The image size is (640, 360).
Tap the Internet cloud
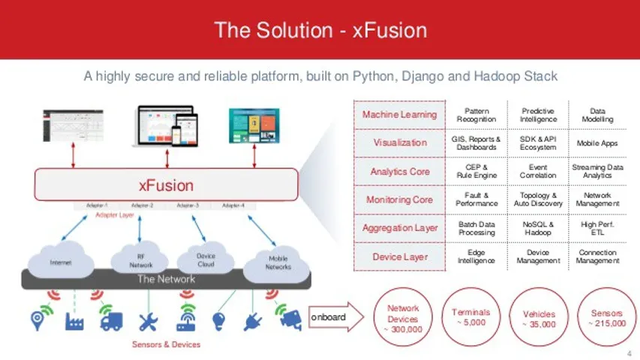(x=61, y=262)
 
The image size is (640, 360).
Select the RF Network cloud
(x=138, y=259)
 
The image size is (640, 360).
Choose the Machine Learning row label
(x=399, y=114)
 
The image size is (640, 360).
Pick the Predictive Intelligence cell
(x=538, y=114)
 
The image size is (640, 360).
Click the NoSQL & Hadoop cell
(x=538, y=228)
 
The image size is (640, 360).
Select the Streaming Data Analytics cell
(x=597, y=171)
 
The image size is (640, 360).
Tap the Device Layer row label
(x=399, y=256)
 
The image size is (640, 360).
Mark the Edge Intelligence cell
(x=476, y=256)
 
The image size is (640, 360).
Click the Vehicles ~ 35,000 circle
(x=538, y=318)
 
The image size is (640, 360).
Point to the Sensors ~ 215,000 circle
(x=606, y=318)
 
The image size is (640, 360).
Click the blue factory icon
(x=74, y=321)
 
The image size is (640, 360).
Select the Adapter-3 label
(x=188, y=204)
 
